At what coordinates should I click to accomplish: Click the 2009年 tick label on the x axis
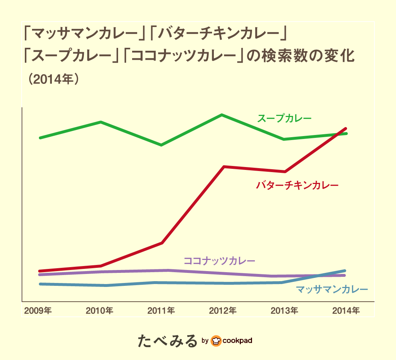[38, 310]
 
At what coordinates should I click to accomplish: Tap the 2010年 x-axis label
[100, 310]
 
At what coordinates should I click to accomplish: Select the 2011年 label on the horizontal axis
[162, 310]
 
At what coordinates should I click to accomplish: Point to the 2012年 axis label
[223, 310]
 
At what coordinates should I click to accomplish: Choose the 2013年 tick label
[284, 310]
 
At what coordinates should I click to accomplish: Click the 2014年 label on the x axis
[346, 310]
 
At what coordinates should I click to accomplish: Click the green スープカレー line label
[284, 118]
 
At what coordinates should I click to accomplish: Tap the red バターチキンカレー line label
[297, 186]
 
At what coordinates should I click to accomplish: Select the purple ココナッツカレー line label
[219, 261]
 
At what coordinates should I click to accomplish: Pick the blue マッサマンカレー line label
[332, 289]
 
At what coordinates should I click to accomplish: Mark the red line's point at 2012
[224, 167]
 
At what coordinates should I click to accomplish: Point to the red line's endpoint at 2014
[346, 129]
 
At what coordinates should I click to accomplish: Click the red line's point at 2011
[162, 243]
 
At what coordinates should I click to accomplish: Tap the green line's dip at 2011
[161, 145]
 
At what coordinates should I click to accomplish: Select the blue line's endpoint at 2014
[345, 271]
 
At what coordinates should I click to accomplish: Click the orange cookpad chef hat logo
[216, 341]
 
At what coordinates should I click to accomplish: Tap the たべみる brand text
[168, 341]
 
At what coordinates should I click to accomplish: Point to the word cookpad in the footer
[237, 341]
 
